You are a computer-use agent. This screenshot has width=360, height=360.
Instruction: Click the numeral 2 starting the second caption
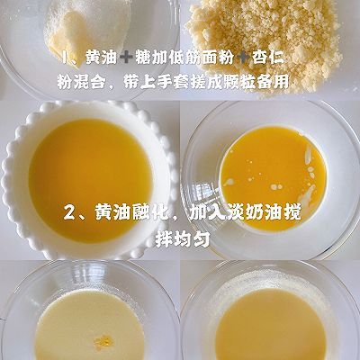pos(70,213)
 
